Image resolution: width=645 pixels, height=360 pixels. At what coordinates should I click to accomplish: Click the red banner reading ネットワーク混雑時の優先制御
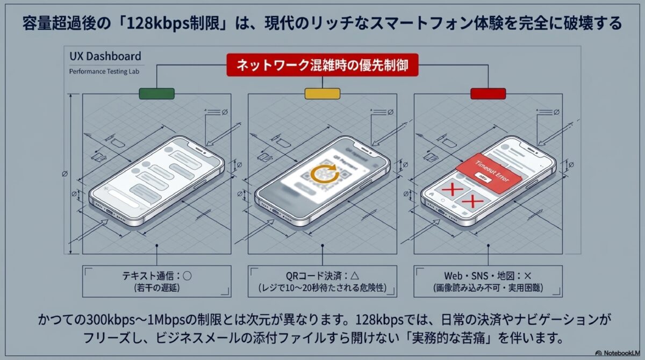pyautogui.click(x=322, y=65)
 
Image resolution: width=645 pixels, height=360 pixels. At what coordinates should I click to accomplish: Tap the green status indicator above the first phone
pyautogui.click(x=156, y=93)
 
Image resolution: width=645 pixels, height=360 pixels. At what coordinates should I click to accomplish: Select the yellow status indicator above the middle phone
pyautogui.click(x=322, y=93)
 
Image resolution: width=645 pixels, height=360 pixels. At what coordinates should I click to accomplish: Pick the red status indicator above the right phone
pyautogui.click(x=488, y=93)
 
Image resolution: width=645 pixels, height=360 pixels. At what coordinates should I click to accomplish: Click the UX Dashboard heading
pyautogui.click(x=105, y=56)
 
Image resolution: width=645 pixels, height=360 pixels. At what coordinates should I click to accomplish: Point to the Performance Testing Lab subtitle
pyautogui.click(x=105, y=71)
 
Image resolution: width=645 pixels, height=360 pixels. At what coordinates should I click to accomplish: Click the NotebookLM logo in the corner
pyautogui.click(x=619, y=354)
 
